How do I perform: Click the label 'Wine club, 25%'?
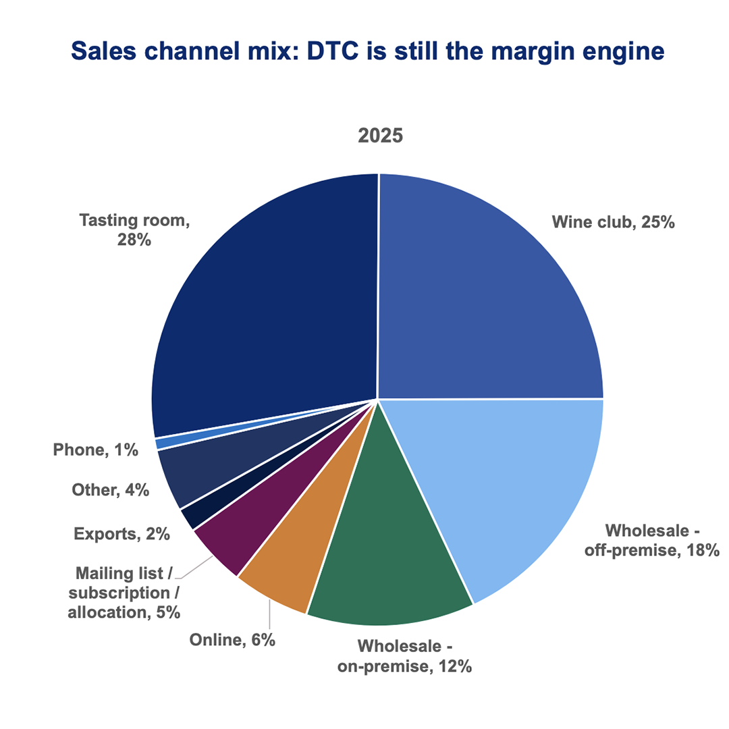coord(613,221)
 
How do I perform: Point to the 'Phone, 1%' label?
coord(96,450)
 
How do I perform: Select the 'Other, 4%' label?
coord(110,490)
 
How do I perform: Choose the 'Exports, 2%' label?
coord(122,535)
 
